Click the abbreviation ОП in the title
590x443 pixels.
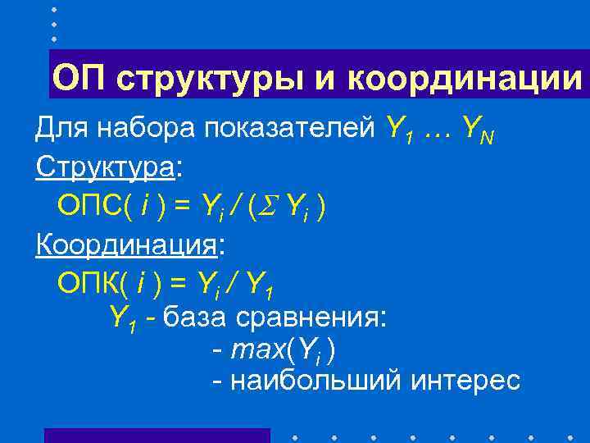coord(79,79)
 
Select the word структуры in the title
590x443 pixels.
coord(199,80)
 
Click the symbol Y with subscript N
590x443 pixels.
coord(477,128)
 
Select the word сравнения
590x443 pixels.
coord(310,316)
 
